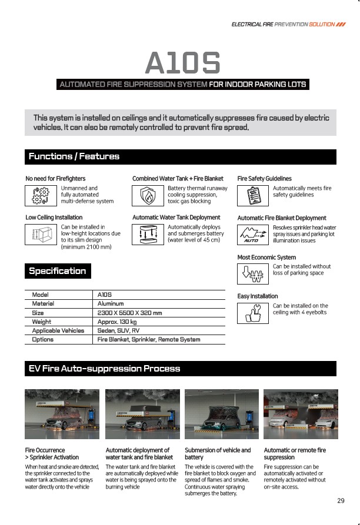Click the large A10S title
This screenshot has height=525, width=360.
pos(182,63)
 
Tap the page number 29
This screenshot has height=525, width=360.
pos(341,501)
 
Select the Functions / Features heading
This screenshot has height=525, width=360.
pos(74,156)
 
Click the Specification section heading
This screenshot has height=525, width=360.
pos(57,271)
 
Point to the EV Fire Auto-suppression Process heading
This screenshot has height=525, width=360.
pos(104,369)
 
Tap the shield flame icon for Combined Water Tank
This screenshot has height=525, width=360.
pos(148,195)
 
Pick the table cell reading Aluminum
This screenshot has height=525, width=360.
pos(111,303)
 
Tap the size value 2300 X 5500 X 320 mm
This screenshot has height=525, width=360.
pos(129,313)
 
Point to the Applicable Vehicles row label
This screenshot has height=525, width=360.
pos(58,330)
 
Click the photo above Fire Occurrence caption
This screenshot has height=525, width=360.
pos(61,415)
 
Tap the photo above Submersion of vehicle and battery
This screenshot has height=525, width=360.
pos(221,415)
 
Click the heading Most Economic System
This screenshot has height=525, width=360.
pos(266,258)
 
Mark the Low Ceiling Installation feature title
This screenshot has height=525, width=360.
pos(54,218)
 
